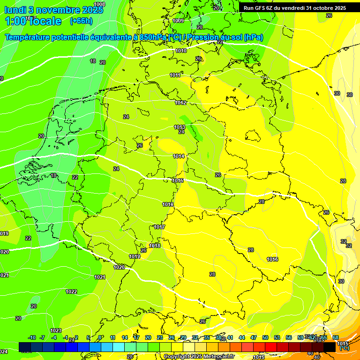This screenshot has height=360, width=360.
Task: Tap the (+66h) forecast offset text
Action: click(81, 21)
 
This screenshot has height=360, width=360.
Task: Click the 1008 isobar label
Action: click(99, 4)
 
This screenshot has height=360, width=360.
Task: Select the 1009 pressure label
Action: click(178, 21)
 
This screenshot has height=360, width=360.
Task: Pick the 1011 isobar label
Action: click(175, 75)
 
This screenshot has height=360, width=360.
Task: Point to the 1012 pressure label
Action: click(180, 103)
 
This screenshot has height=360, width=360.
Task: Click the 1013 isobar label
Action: click(180, 127)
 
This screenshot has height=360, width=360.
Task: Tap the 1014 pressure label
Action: click(179, 156)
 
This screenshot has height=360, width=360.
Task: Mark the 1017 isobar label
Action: click(159, 227)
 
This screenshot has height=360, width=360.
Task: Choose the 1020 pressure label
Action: click(119, 267)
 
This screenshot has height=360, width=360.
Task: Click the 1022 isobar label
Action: click(71, 292)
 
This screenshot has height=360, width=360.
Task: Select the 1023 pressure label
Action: click(56, 330)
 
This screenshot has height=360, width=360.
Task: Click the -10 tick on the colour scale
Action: click(32, 337)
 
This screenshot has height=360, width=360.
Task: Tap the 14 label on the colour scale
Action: click(125, 337)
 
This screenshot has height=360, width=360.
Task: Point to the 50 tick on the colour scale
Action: click(265, 337)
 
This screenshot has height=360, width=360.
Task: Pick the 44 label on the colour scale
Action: click(242, 337)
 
